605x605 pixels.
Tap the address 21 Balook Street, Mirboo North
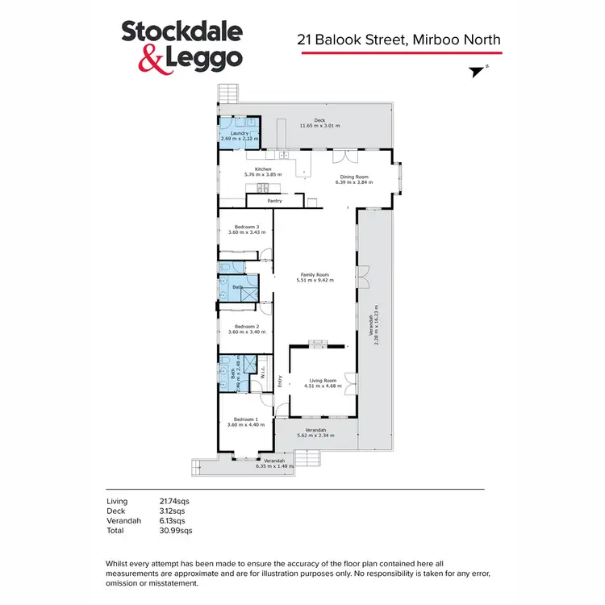point(400,39)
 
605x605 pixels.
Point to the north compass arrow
point(479,71)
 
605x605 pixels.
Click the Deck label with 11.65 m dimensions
point(319,123)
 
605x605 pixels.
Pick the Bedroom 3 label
point(245,230)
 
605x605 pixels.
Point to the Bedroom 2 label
point(245,329)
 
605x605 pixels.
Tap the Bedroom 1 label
point(245,422)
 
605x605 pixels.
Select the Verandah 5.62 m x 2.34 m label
point(315,432)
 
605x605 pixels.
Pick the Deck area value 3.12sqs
point(173,511)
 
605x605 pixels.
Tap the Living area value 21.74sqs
point(174,501)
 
